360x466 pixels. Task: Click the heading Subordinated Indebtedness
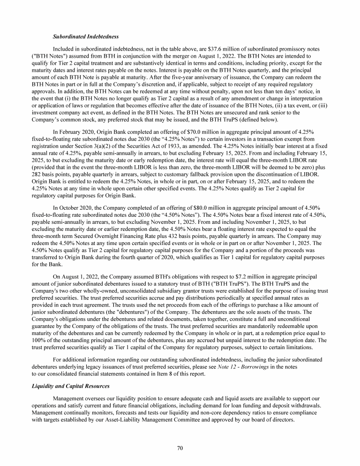(85, 37)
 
